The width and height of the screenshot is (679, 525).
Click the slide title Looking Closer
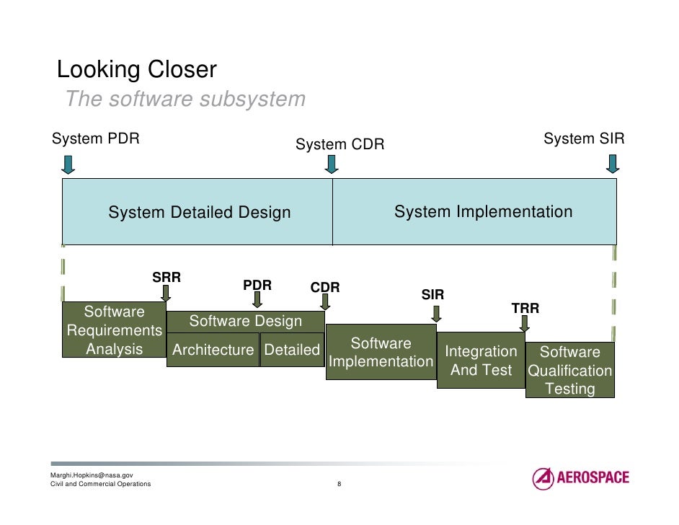[x=136, y=71]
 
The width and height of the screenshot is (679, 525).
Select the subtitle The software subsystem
[x=185, y=99]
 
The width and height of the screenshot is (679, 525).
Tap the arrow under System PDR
[x=68, y=165]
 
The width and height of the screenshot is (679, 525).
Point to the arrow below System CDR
[x=332, y=164]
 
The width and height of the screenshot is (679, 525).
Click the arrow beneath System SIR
[x=612, y=165]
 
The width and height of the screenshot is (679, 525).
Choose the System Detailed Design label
[x=200, y=213]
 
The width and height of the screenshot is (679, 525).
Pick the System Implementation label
[x=483, y=212]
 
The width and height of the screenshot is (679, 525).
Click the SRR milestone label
[x=166, y=278]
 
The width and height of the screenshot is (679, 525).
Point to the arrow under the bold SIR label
[x=436, y=314]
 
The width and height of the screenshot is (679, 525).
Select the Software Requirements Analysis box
[x=114, y=331]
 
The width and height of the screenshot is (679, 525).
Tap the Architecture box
[x=213, y=350]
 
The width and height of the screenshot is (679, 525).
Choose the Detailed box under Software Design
[x=292, y=350]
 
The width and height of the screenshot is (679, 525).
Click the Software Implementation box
[x=381, y=353]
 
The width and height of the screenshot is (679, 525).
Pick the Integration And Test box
[x=481, y=361]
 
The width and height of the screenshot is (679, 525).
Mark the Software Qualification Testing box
[x=570, y=371]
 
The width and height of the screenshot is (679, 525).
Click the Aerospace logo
[x=580, y=478]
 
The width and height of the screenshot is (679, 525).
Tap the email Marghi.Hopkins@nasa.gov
[x=91, y=475]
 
